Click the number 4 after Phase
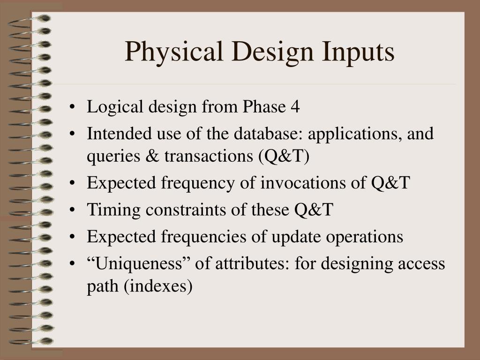pyautogui.click(x=295, y=107)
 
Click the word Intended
pyautogui.click(x=116, y=135)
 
